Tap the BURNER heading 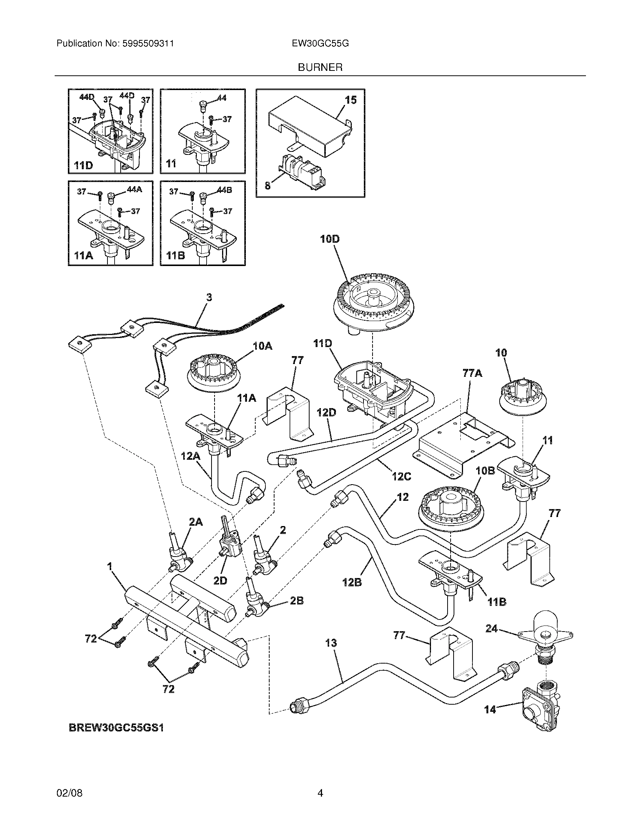pos(320,67)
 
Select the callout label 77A pos(472,373)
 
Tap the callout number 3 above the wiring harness pos(209,297)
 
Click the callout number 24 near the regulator pos(491,629)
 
